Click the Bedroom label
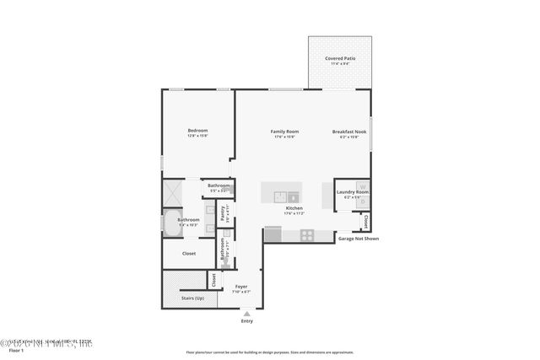(197, 131)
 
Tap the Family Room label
(284, 132)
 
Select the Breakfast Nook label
(348, 132)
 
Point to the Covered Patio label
(340, 59)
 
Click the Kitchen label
(294, 208)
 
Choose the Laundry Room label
(352, 192)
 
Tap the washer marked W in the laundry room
(363, 187)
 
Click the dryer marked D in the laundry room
(363, 201)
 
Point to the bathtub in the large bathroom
(171, 223)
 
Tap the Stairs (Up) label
(192, 298)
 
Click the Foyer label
(240, 287)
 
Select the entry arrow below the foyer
(246, 313)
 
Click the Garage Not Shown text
(359, 239)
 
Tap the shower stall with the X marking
(171, 192)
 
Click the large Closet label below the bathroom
(189, 253)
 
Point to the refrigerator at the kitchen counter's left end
(272, 234)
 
